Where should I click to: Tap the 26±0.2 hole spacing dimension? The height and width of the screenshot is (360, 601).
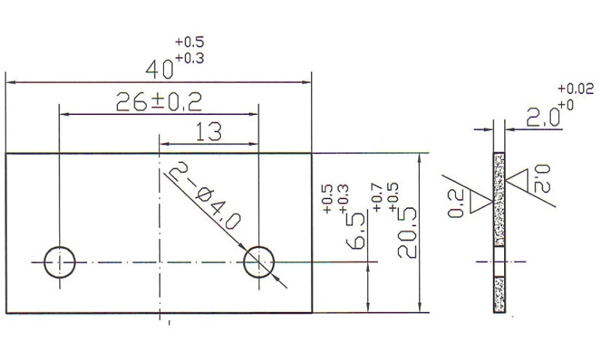pyautogui.click(x=159, y=101)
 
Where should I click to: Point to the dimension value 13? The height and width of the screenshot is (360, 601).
pyautogui.click(x=207, y=132)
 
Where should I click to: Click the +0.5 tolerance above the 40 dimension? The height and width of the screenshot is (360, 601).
pyautogui.click(x=189, y=42)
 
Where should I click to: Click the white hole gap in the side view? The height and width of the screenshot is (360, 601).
pyautogui.click(x=500, y=264)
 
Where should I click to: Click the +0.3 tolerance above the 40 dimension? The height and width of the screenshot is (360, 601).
pyautogui.click(x=189, y=57)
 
